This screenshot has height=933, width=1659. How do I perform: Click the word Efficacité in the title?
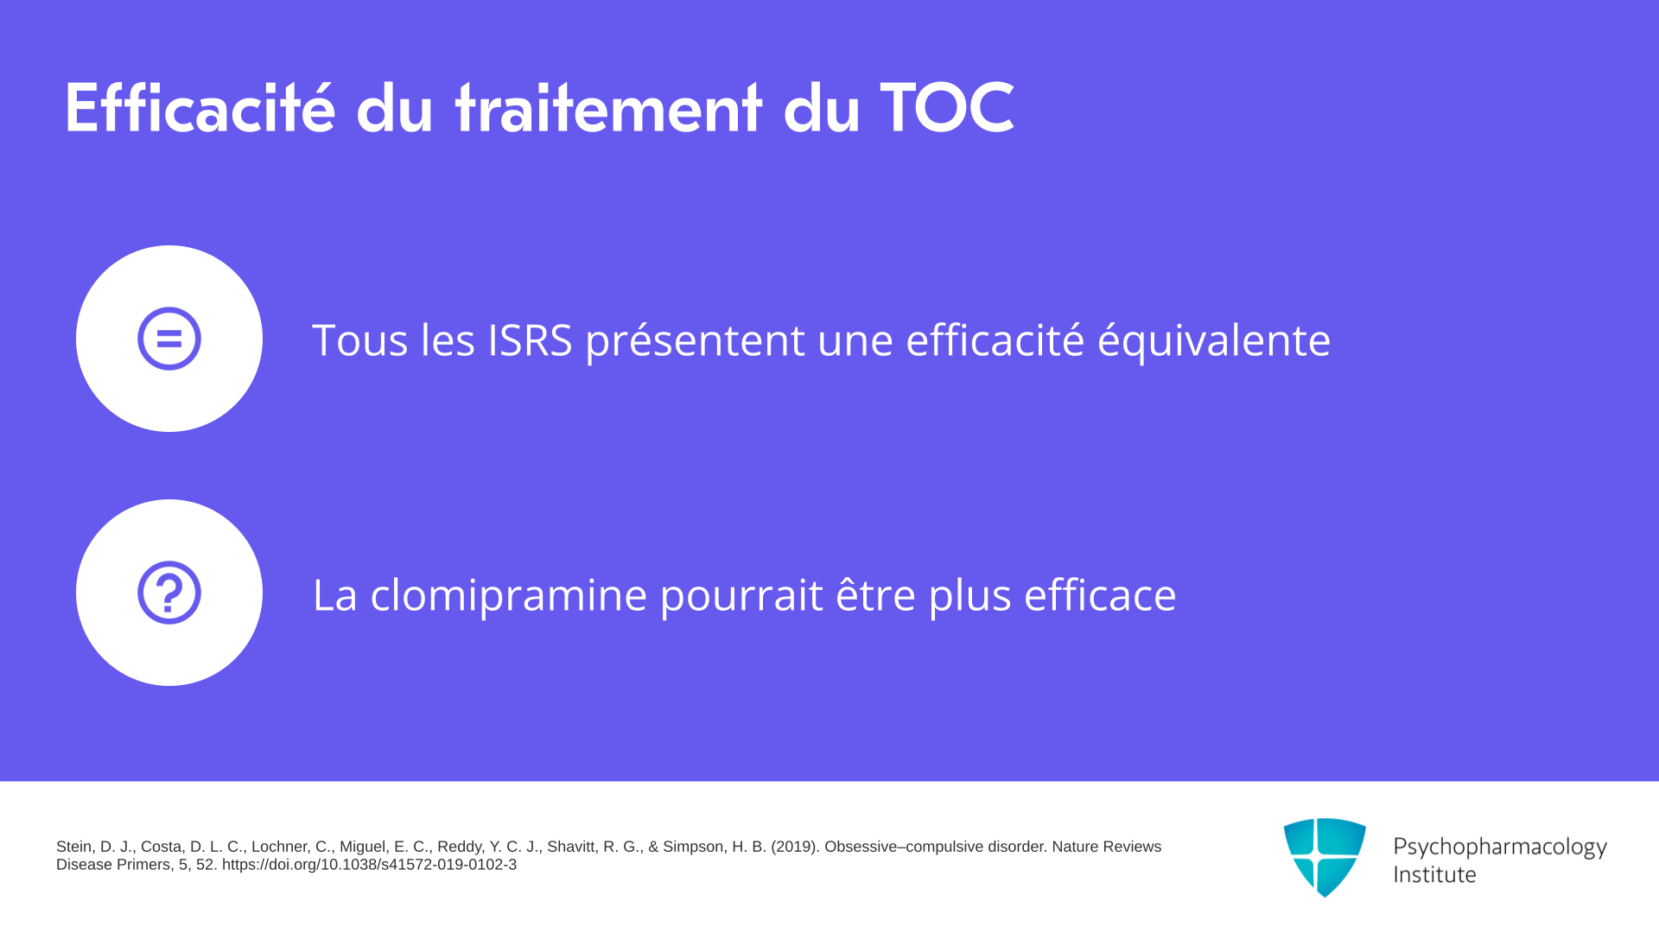point(200,108)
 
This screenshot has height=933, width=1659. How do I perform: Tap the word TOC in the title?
point(947,108)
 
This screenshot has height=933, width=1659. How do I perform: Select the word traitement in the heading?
point(608,108)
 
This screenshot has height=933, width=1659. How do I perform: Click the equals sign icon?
point(169,339)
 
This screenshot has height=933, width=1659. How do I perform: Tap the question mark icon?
point(169,593)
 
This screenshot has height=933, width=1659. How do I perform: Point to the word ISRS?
point(530,340)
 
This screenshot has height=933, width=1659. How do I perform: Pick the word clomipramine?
point(509,595)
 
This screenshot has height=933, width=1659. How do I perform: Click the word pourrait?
point(741,595)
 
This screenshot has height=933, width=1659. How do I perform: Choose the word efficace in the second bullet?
point(1100,593)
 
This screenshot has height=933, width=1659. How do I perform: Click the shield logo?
point(1325,857)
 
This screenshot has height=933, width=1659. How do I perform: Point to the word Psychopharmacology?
point(1500,847)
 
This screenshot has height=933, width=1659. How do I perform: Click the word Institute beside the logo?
point(1434,874)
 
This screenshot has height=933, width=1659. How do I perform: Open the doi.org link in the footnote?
point(369,865)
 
